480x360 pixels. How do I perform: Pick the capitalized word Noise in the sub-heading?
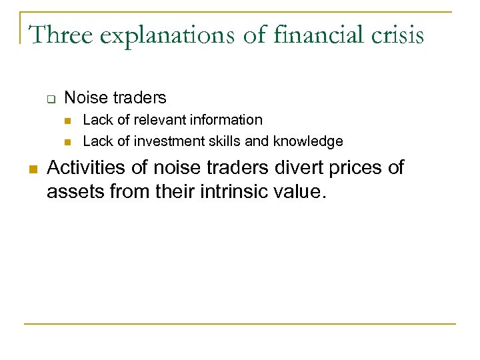point(85,98)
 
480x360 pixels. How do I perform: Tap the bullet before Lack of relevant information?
point(67,121)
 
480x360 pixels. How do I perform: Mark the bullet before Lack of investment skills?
point(67,142)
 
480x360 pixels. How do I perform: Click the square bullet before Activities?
point(31,168)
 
